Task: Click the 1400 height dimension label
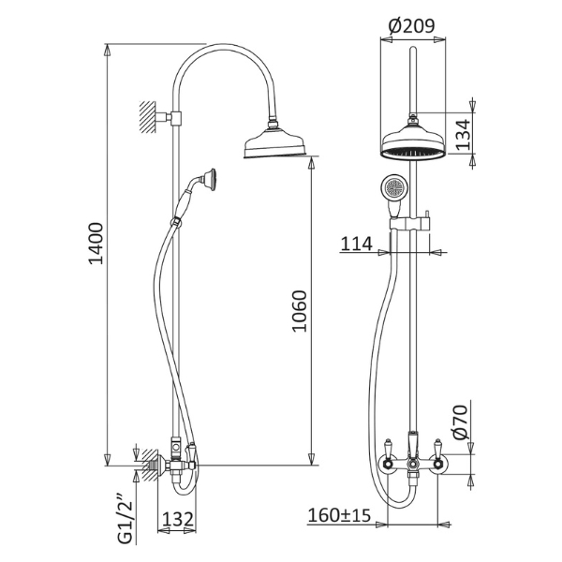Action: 96,244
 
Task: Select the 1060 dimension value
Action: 300,311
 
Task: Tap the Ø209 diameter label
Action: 411,26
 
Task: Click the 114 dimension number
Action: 356,244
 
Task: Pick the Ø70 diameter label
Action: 461,421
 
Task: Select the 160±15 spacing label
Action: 339,515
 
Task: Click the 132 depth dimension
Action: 178,519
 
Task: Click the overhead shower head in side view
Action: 275,142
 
